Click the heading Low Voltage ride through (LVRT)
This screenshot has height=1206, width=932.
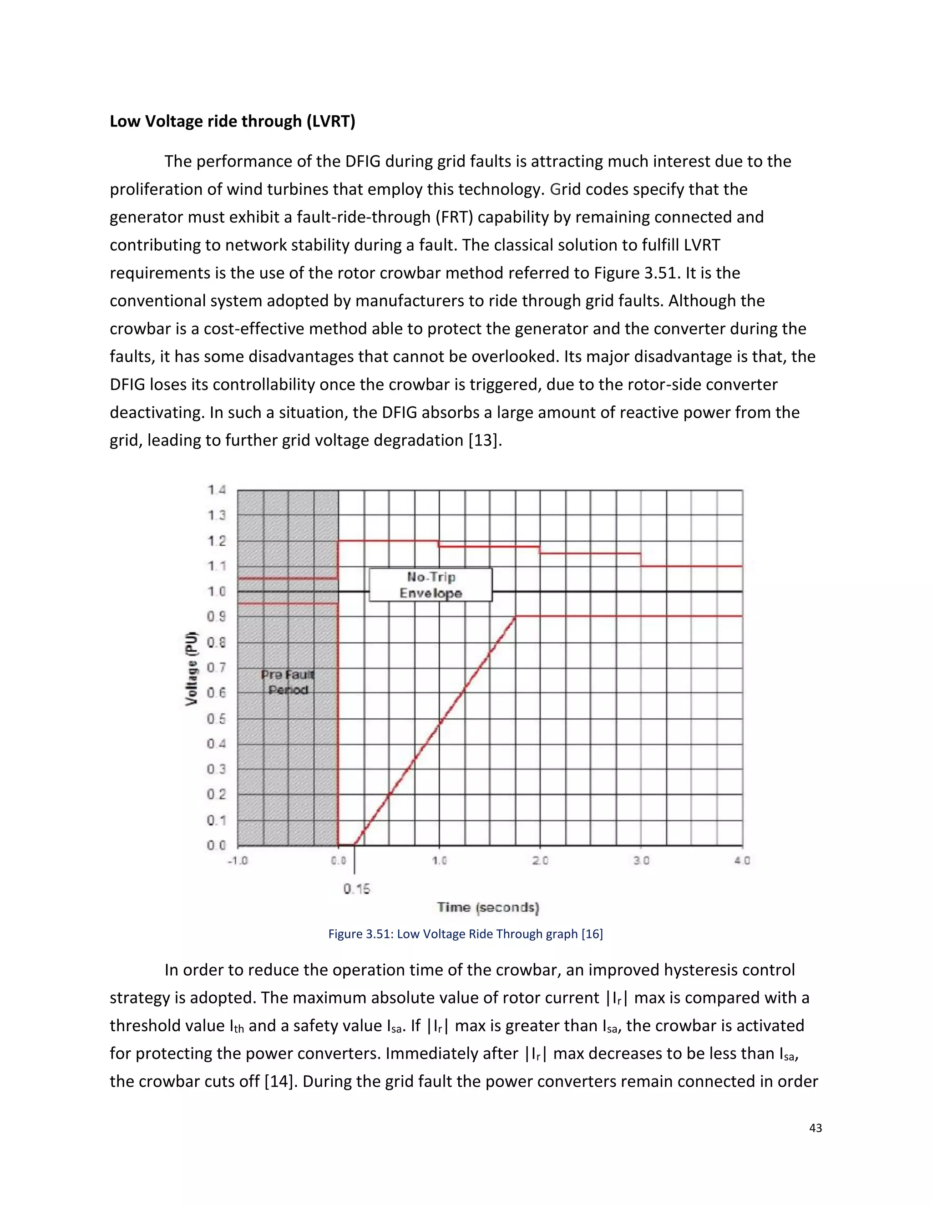(233, 121)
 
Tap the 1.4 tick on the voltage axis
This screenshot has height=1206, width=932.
(217, 490)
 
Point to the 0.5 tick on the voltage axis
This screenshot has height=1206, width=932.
(217, 719)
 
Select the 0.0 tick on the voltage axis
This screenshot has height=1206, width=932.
(217, 846)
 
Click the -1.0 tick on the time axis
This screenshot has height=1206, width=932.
(238, 860)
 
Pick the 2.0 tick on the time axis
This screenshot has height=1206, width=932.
(540, 860)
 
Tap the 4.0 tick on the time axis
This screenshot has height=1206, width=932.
(742, 860)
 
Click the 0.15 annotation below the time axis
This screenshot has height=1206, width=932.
(357, 888)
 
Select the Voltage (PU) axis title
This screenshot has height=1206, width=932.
(191, 668)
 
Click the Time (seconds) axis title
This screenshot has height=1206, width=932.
(488, 907)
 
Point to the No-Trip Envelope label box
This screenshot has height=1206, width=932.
(431, 585)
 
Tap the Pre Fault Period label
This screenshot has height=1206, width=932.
(288, 682)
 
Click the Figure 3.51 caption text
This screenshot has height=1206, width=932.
(466, 934)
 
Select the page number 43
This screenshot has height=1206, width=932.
(815, 1128)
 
